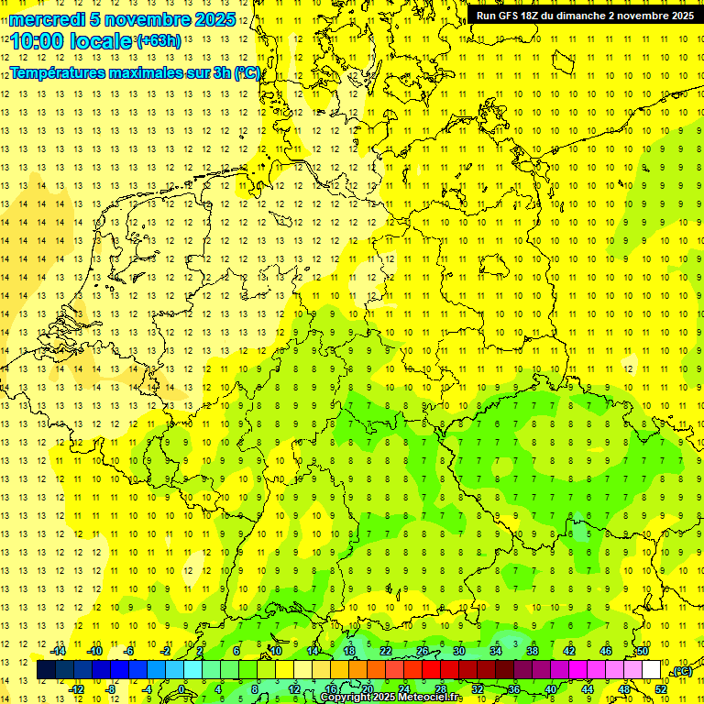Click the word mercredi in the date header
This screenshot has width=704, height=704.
click(44, 19)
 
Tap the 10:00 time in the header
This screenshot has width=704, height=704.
click(36, 42)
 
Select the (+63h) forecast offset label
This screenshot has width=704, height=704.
click(158, 40)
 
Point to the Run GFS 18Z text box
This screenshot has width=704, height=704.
click(585, 16)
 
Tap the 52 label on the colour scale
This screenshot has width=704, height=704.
click(661, 689)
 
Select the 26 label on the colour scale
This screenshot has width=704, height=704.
click(423, 651)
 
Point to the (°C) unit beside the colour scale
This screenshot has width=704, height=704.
click(680, 670)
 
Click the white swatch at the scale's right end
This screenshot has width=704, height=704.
click(651, 670)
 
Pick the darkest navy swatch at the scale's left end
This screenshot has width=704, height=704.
click(46, 670)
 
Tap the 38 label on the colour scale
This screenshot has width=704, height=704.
click(533, 651)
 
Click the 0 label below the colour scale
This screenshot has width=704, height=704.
click(182, 689)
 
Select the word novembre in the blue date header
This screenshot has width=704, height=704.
click(146, 19)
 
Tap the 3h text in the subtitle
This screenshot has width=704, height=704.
click(219, 72)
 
